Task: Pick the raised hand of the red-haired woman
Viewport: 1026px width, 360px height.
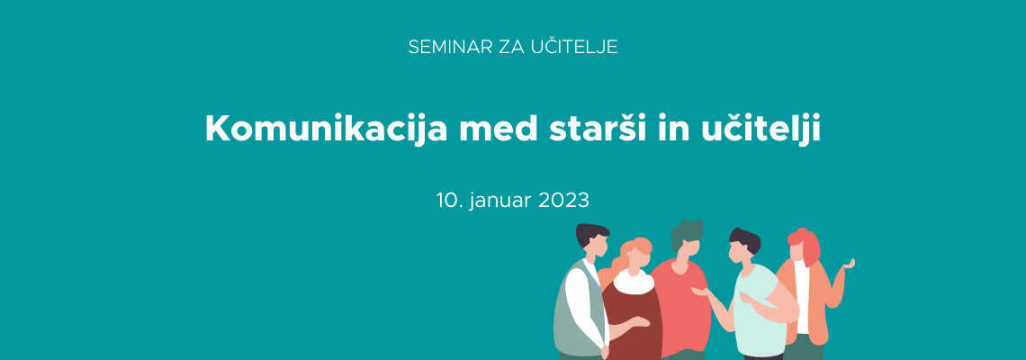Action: click(849, 265)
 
